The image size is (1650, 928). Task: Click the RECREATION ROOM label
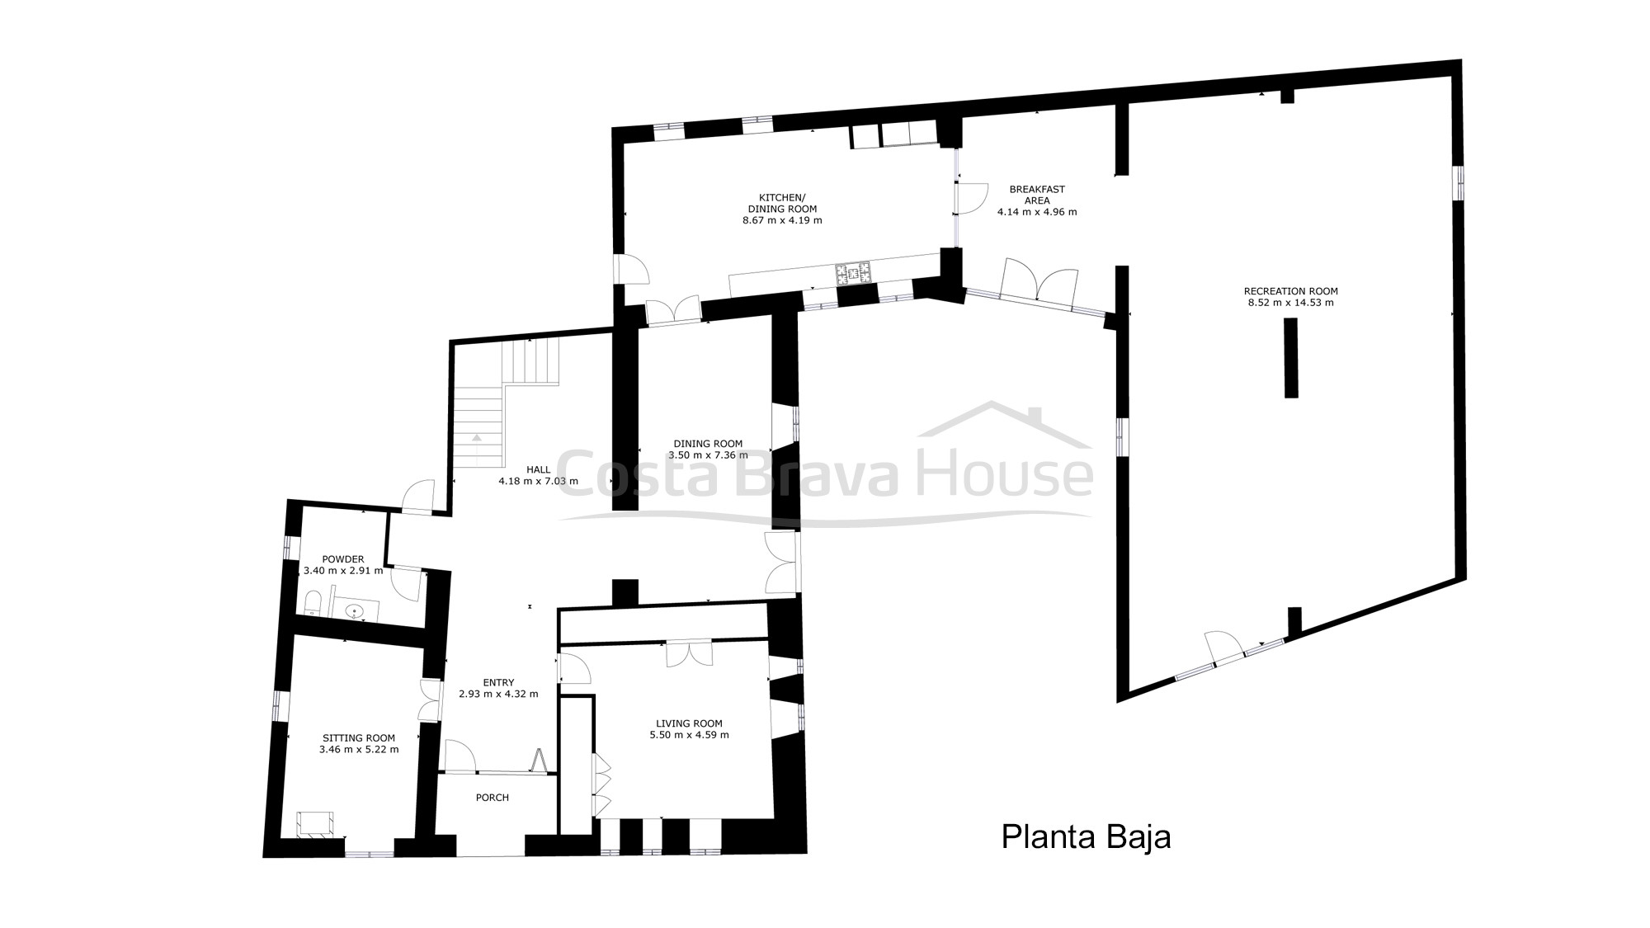coord(1290,291)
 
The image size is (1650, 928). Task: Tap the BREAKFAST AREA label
coord(1037,195)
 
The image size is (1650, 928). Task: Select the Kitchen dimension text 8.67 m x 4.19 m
coord(782,220)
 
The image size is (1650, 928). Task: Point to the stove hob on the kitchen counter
coord(853,273)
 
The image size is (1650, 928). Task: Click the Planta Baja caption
coord(1086,836)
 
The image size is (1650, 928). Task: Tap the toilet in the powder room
coord(312,603)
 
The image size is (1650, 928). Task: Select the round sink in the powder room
coord(355,611)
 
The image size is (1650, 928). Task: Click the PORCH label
coord(493,798)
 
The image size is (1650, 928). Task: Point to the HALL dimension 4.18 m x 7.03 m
coord(538,481)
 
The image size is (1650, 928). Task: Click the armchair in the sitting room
coord(315,823)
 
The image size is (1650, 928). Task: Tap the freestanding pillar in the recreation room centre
coord(1291,358)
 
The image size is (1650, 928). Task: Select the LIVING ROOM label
coord(689,723)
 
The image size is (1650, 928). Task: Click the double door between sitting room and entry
coord(431,700)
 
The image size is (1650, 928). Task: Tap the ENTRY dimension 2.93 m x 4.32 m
coord(498,694)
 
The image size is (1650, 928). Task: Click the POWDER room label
coord(343,559)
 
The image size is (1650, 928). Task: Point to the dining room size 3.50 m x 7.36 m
coord(708,455)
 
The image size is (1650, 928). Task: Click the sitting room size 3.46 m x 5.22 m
coord(359,750)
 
